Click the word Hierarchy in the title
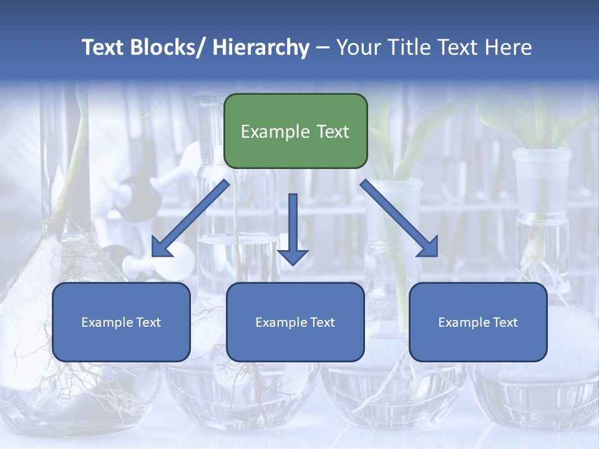(x=261, y=47)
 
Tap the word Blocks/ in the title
(x=170, y=47)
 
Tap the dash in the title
(x=323, y=47)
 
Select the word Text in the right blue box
(x=505, y=322)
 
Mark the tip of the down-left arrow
(x=153, y=256)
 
